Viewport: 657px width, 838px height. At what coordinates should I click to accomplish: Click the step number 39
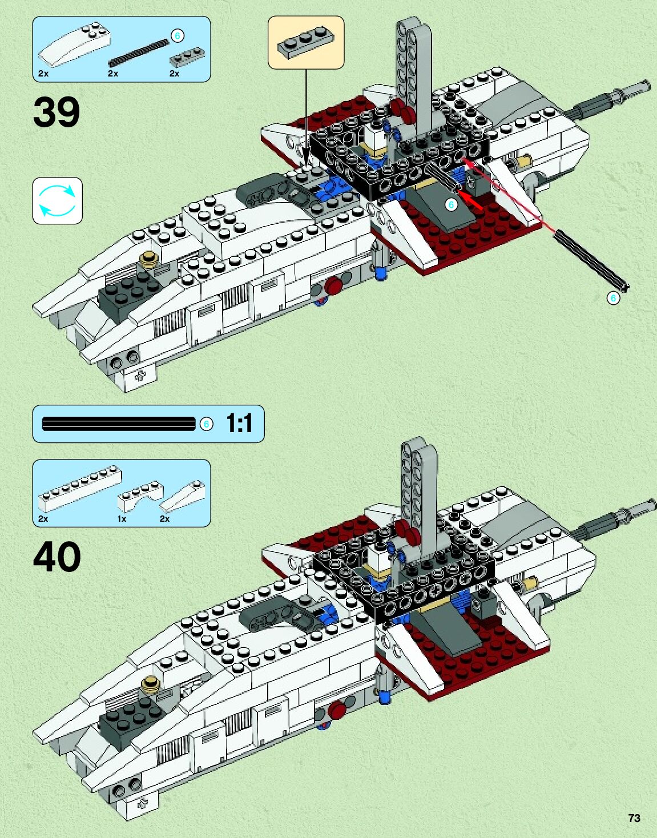57,112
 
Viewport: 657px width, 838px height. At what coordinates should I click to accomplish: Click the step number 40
57,557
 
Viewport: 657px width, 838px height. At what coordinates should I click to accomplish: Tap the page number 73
634,818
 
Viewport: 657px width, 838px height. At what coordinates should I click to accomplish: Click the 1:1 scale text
239,424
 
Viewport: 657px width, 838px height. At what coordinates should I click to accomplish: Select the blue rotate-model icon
57,200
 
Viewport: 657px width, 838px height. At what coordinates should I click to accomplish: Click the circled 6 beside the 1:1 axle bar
207,424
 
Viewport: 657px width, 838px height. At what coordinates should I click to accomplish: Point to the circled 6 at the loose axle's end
613,298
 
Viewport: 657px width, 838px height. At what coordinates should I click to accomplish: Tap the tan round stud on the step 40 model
151,681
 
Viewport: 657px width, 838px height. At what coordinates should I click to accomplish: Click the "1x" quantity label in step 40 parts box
122,519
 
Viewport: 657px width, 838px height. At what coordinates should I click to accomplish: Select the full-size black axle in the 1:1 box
119,424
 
